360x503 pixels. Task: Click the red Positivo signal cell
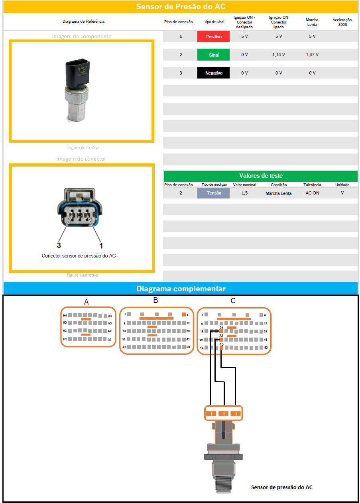[x=213, y=37]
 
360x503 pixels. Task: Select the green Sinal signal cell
[x=213, y=55]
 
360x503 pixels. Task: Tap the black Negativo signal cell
[x=213, y=73]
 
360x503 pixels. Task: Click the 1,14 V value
[x=278, y=55]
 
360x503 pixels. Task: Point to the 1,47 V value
[x=312, y=55]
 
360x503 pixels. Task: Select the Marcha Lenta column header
[x=312, y=22]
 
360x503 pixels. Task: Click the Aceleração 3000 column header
[x=342, y=22]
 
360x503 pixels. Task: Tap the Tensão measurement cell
[x=213, y=193]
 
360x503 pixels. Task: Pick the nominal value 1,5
[x=244, y=193]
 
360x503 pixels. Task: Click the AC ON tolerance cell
[x=312, y=193]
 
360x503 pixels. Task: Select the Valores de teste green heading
[x=261, y=176]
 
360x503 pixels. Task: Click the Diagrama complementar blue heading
[x=181, y=289]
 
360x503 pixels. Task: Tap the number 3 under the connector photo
[x=59, y=245]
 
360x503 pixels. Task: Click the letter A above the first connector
[x=86, y=303]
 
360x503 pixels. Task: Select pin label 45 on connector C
[x=221, y=344]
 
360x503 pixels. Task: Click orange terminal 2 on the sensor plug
[x=224, y=414]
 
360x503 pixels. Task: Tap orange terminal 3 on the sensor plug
[x=236, y=414]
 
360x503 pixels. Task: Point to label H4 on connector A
[x=64, y=315]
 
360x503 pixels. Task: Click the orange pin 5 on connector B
[x=184, y=314]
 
